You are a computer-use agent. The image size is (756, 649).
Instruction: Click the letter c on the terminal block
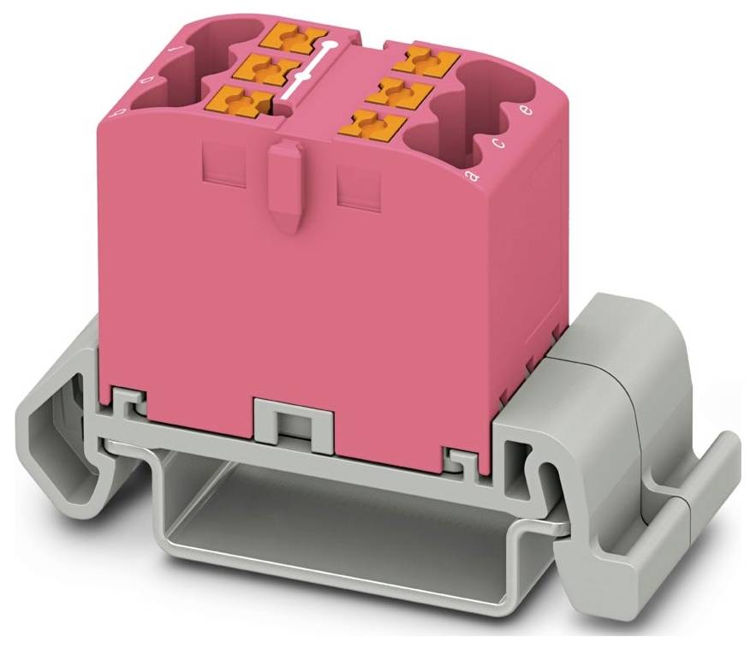(500, 142)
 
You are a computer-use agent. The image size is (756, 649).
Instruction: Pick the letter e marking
(528, 110)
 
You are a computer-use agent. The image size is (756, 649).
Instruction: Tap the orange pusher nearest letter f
(296, 38)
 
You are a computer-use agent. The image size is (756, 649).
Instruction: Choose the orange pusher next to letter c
(399, 89)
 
